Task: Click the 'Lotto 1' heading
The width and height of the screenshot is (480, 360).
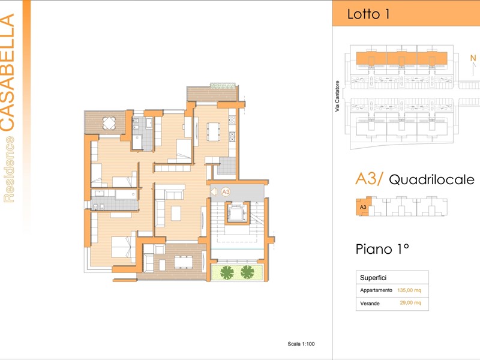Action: pos(368,14)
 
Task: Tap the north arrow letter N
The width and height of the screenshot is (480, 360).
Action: pos(473,58)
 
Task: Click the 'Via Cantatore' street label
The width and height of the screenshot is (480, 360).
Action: pos(337,96)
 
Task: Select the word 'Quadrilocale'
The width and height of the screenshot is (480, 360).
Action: pos(431,179)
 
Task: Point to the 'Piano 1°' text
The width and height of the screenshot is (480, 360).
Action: pos(382,249)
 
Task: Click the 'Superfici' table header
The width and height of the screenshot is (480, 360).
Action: pos(373,278)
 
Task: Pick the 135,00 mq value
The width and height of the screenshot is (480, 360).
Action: pos(409,290)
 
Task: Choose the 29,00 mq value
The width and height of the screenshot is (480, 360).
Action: pos(410,303)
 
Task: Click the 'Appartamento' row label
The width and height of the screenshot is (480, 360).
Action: pos(376,290)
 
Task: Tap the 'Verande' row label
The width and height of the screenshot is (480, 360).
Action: pos(370,304)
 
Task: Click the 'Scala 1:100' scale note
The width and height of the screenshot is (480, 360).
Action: pos(301,344)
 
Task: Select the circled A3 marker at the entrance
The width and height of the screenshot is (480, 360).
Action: pos(226,192)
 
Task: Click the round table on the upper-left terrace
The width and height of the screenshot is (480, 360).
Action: pos(109,123)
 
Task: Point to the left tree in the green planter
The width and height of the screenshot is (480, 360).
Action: pos(227,272)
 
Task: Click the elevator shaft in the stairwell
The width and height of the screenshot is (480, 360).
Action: pos(237,213)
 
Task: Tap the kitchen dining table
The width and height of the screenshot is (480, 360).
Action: pos(214,131)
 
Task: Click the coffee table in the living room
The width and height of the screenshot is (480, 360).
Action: pos(176,214)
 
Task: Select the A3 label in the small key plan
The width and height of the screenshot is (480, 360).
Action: pos(363,207)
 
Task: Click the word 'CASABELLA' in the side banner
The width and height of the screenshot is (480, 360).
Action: pos(7,73)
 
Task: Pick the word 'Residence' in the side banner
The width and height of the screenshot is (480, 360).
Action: pos(8,169)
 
